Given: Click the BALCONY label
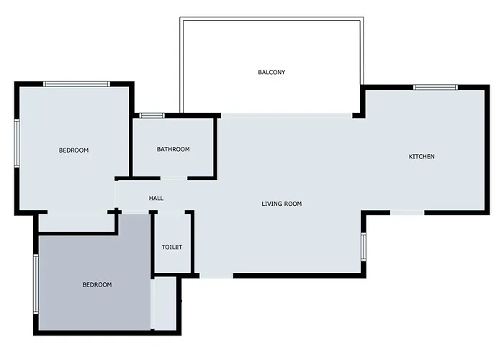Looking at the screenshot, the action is click(x=271, y=72).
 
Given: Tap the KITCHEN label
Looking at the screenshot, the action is click(x=421, y=156).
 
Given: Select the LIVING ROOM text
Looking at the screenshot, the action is click(x=282, y=204).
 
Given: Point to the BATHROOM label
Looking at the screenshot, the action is click(x=174, y=149).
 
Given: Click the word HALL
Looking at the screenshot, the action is click(x=156, y=198).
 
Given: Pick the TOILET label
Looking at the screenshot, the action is click(x=172, y=247).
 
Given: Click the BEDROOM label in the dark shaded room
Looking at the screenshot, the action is click(x=97, y=285).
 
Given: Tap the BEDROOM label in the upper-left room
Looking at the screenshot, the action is click(x=73, y=150).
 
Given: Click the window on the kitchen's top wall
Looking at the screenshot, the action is click(x=436, y=87).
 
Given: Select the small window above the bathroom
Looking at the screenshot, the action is click(x=152, y=116).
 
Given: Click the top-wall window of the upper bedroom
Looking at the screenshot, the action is click(x=76, y=84).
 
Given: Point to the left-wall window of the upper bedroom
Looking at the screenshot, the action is click(x=17, y=143).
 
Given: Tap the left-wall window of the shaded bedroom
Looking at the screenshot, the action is click(x=36, y=284).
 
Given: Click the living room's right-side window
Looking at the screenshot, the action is click(x=364, y=246).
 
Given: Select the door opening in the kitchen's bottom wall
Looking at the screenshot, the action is click(x=408, y=212).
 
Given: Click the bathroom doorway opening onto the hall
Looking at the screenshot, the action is click(x=174, y=178).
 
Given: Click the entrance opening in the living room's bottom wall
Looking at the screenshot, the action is click(x=216, y=276).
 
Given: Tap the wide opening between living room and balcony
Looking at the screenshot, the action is click(x=287, y=115).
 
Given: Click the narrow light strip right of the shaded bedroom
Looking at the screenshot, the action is click(x=164, y=303).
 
